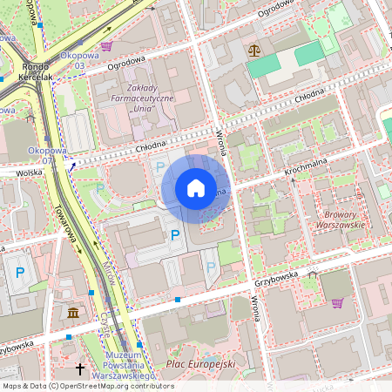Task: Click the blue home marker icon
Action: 196,188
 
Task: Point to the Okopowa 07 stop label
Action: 46,155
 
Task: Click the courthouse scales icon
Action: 253,51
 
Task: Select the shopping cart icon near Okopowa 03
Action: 106,45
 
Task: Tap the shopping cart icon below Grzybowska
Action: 337,303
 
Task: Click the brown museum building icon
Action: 72,312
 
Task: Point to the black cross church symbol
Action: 80,369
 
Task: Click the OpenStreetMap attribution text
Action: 87,385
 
